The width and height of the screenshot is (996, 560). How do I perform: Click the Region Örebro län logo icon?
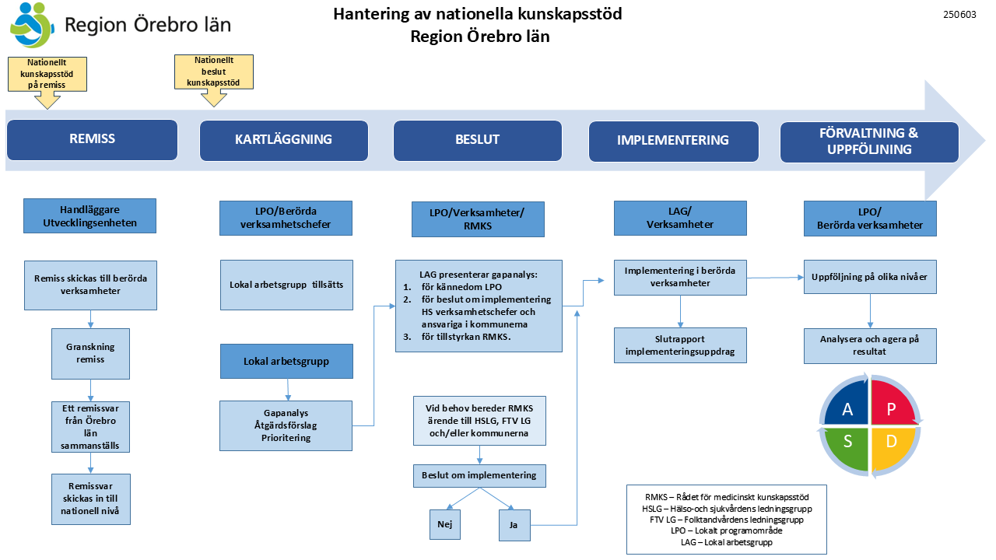(x=32, y=26)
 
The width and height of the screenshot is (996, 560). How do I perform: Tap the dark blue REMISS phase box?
(x=92, y=139)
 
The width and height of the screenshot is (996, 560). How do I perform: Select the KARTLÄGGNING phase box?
(x=284, y=141)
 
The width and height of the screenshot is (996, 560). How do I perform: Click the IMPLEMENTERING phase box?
(x=673, y=142)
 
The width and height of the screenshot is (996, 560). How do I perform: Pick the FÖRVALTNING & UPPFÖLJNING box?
(x=869, y=142)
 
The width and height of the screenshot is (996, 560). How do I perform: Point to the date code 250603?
(x=959, y=15)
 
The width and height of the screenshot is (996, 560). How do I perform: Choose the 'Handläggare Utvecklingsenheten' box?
(x=89, y=216)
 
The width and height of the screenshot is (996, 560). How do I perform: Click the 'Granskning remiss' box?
(x=91, y=354)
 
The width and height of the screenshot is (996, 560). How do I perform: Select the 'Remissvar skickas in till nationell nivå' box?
(x=91, y=499)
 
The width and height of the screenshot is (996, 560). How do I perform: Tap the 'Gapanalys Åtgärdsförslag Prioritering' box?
(x=286, y=425)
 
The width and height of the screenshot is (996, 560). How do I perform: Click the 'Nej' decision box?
(x=445, y=525)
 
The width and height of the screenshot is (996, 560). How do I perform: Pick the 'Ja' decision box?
(x=514, y=525)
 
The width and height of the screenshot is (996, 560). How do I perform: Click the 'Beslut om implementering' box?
(x=479, y=476)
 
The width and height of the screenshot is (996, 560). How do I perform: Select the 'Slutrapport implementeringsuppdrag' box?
(x=680, y=345)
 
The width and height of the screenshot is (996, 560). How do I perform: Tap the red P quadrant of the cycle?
(x=892, y=404)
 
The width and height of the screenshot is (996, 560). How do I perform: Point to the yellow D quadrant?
(x=891, y=446)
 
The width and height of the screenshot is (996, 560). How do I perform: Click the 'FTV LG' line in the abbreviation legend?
(x=727, y=520)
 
